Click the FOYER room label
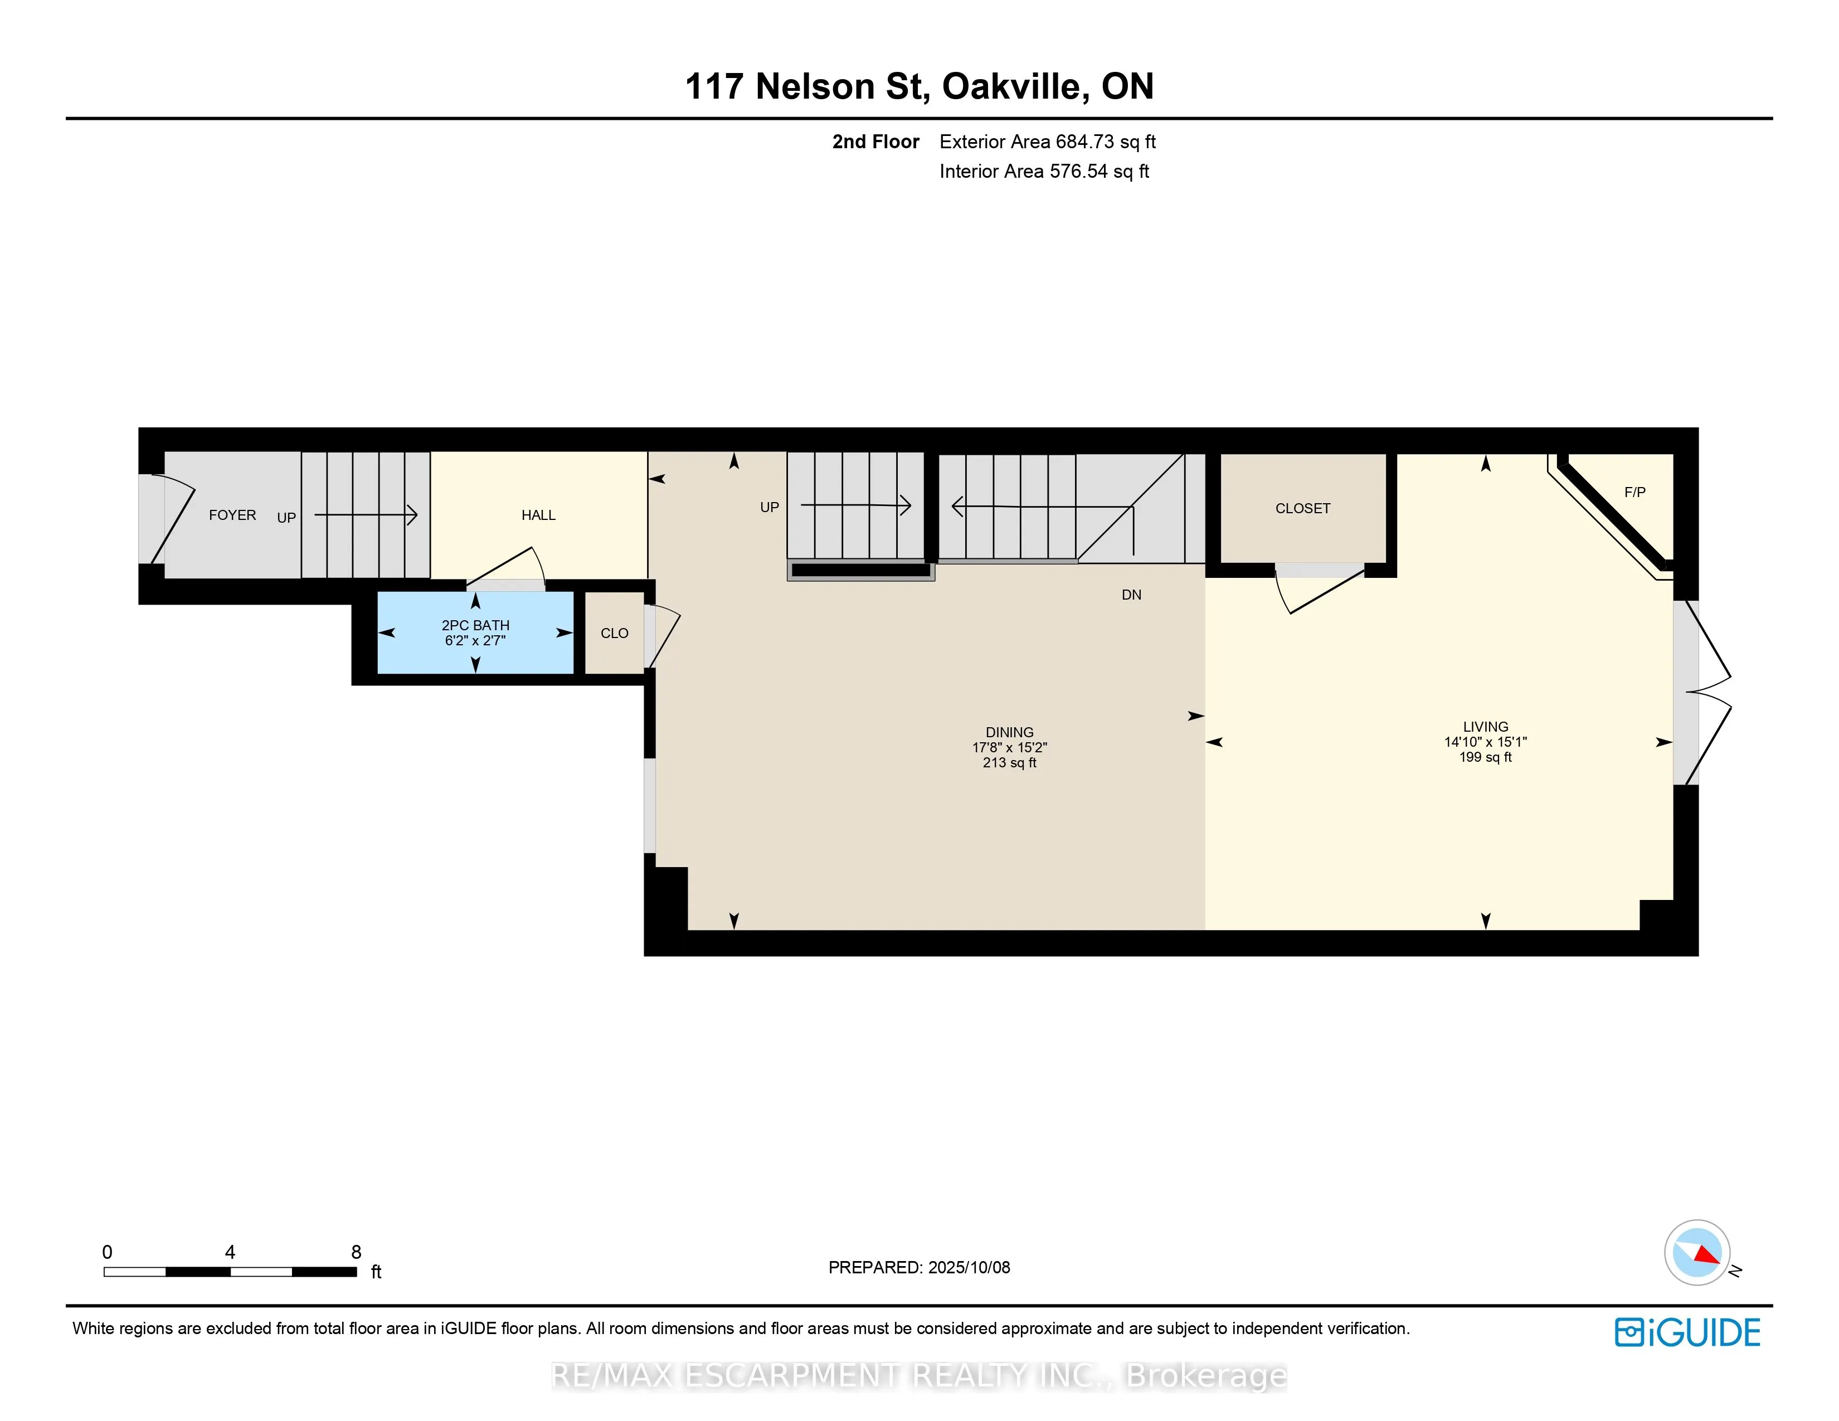coord(232,515)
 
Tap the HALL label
coord(539,515)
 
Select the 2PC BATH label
coord(476,625)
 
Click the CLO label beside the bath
coord(615,633)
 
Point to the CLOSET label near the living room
coord(1303,508)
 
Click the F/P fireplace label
coord(1634,493)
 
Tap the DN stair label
coord(1132,595)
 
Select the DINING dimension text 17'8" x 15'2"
coord(1010,747)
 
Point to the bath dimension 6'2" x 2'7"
coord(476,641)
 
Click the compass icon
coord(1697,1253)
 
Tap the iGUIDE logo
coord(1687,1332)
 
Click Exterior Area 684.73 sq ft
coord(1048,142)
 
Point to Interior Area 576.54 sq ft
coord(1044,172)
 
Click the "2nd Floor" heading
coord(875,142)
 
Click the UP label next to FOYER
coord(286,518)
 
